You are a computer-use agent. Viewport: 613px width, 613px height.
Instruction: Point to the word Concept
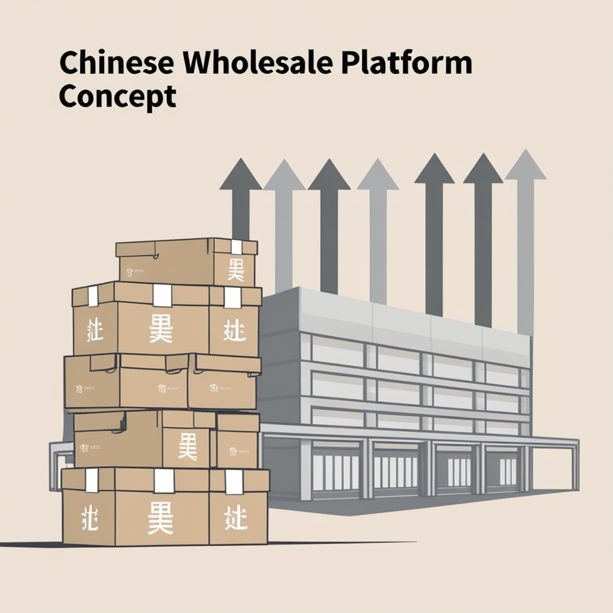pos(117,95)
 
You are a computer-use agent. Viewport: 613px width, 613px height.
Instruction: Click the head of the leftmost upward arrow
pos(241,174)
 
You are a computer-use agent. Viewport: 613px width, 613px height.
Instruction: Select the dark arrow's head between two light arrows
pos(329,175)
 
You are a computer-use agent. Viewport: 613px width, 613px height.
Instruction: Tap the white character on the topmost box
pos(236,270)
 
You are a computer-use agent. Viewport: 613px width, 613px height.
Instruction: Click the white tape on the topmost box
pos(237,247)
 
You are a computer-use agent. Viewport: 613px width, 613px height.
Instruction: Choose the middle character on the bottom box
pos(161,519)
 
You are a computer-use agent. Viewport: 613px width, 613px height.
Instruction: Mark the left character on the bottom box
pos(90,518)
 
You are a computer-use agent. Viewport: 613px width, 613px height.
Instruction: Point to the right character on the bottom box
pos(235,518)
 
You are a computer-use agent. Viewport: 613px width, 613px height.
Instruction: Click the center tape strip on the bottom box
pos(164,480)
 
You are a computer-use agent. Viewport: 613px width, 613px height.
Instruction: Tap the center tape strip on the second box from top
pos(162,295)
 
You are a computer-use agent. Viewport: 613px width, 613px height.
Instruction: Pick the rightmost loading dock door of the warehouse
pos(508,470)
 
